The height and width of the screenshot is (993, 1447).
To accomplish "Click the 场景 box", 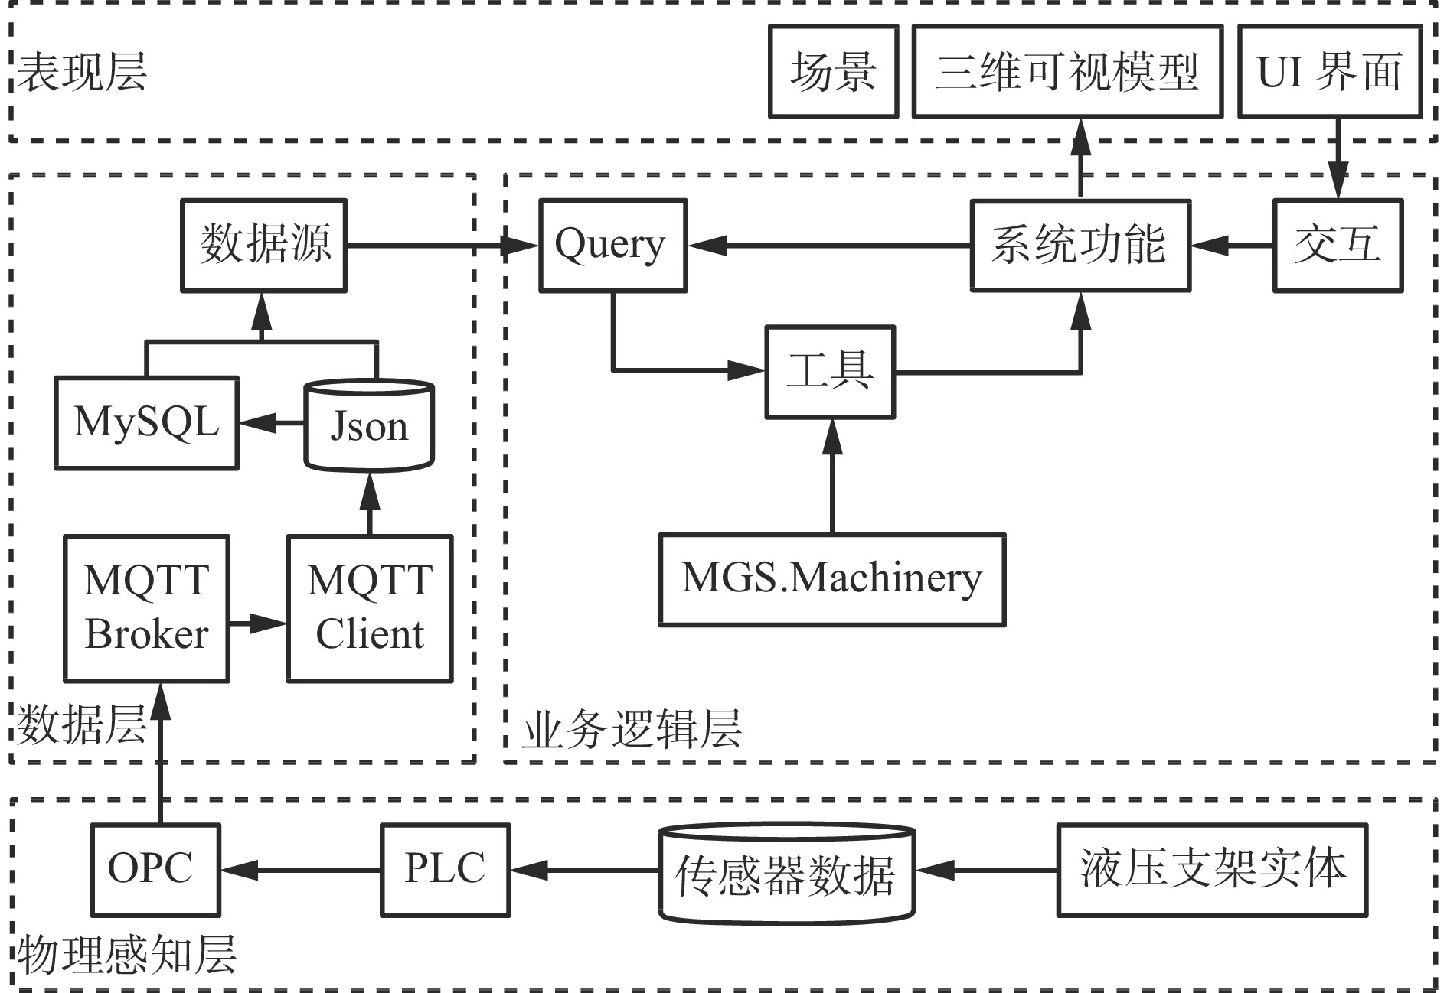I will click(x=833, y=71).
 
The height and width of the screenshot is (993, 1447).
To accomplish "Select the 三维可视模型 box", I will click(x=1067, y=71).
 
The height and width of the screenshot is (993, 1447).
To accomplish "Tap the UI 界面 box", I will click(x=1330, y=71).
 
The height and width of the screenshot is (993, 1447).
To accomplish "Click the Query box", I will click(x=612, y=246).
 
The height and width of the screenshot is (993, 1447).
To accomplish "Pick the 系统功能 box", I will click(x=1080, y=246).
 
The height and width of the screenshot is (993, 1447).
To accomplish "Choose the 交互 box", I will click(x=1338, y=246).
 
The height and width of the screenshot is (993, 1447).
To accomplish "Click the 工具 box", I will click(x=831, y=372).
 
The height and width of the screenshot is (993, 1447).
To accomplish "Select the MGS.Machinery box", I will click(x=832, y=579).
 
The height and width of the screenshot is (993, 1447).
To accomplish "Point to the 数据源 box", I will click(x=264, y=246).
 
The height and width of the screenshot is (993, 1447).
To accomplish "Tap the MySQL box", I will click(x=146, y=422).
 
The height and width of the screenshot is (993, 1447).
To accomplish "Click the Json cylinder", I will click(x=369, y=425).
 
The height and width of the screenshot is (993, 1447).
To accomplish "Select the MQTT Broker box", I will click(x=146, y=608).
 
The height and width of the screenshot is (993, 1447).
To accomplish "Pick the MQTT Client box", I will click(x=370, y=608).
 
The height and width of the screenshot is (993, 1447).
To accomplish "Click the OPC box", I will click(x=155, y=870).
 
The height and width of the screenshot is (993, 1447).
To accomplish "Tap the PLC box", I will click(x=446, y=870).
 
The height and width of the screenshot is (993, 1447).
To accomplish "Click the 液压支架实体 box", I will click(x=1212, y=870).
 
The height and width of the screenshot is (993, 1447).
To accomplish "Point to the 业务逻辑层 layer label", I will click(x=632, y=729).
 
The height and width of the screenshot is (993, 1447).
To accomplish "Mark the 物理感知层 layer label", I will click(x=127, y=954).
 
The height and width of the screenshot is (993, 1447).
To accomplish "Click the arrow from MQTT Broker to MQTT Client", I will click(x=258, y=623).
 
